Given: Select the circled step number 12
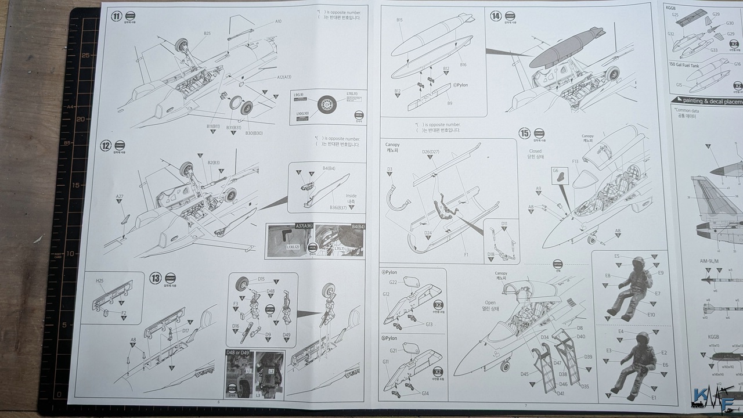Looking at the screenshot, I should (105, 146).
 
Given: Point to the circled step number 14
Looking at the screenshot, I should (496, 16).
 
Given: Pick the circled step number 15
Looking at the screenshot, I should (524, 134).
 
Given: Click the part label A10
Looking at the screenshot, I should (278, 21).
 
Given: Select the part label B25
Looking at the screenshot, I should (207, 34).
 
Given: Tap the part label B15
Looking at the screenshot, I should (400, 20).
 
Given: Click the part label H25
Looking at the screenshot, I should (100, 280).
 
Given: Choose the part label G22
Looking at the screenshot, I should (392, 282).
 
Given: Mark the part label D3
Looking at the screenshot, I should (390, 170).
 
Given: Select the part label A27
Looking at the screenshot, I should (119, 197).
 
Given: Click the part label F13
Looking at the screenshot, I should (575, 161).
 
